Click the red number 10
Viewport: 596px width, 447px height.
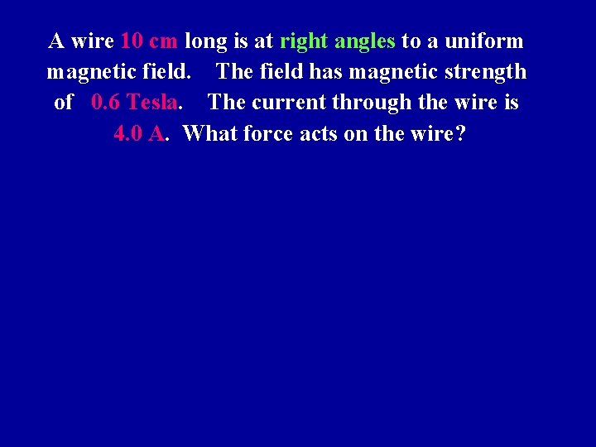[x=132, y=41]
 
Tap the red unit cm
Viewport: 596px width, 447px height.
[x=163, y=41]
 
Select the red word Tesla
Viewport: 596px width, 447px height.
[x=152, y=103]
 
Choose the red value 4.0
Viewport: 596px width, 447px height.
[x=127, y=133]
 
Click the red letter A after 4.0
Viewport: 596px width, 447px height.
[x=156, y=133]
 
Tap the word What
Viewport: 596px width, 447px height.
[x=209, y=133]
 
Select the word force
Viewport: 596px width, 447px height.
[x=268, y=133]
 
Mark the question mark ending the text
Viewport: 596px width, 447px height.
[x=461, y=133]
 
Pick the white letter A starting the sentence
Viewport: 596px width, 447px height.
[x=57, y=41]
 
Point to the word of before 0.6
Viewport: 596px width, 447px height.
[x=64, y=103]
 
